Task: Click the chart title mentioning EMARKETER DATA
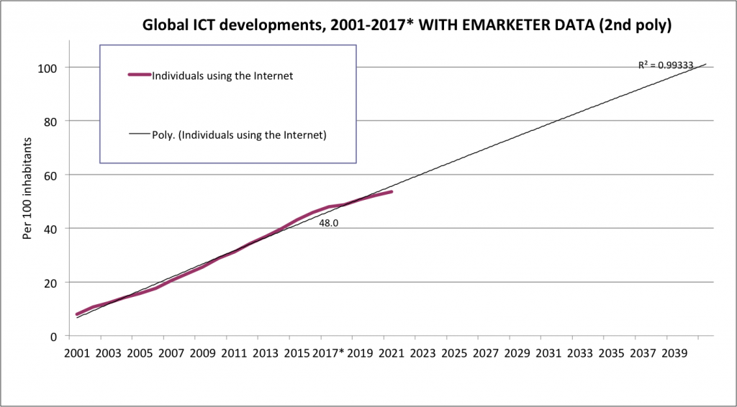[407, 27]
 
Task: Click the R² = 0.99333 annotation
[666, 65]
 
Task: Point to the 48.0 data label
[329, 223]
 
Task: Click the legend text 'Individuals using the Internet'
[222, 76]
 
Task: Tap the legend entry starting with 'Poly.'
[239, 134]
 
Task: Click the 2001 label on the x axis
[77, 354]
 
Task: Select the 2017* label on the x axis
[331, 354]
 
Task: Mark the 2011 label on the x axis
[234, 354]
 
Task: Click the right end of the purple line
[392, 191]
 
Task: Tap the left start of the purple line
[77, 314]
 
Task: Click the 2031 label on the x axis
[548, 354]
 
